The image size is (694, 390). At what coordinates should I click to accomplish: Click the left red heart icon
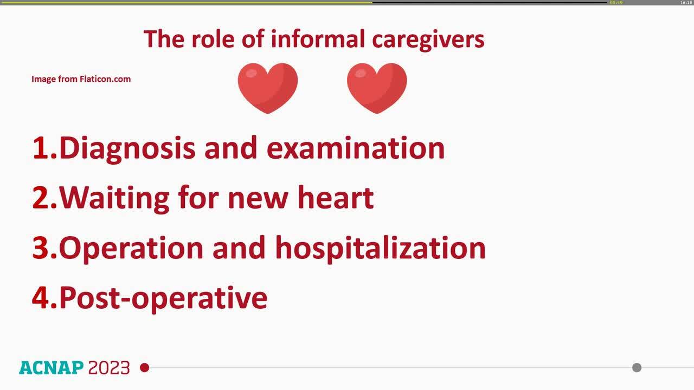[268, 87]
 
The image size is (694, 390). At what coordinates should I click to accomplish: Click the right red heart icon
[377, 87]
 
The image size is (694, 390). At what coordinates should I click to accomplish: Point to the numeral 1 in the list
[41, 148]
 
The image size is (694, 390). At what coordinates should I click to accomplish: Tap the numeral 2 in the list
[41, 198]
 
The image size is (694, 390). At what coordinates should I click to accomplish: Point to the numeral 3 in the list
[41, 248]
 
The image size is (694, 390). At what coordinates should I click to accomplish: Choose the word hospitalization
[380, 248]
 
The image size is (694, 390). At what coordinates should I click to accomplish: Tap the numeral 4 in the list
[41, 297]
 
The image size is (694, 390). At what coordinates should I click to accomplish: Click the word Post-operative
[163, 298]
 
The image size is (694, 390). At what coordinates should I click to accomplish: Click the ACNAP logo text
[52, 368]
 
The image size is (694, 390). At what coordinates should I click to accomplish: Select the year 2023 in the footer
[109, 368]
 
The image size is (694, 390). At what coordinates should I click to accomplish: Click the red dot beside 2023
[144, 368]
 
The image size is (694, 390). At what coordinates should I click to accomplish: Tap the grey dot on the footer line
[637, 368]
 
